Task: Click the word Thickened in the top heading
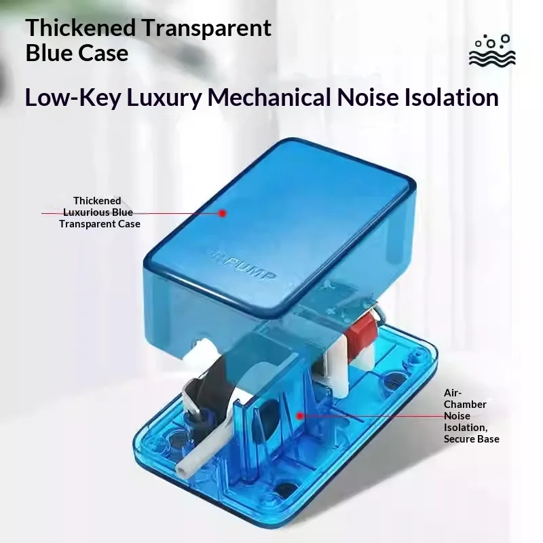(x=80, y=28)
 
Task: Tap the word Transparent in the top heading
(x=207, y=29)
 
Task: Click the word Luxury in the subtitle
(x=164, y=98)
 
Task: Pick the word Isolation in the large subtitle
(x=451, y=97)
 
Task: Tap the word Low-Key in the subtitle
(x=73, y=98)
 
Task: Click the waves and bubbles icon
(x=492, y=50)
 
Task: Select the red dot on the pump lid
(x=223, y=213)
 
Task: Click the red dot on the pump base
(x=300, y=415)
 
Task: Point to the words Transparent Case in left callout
(x=100, y=224)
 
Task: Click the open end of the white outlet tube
(x=181, y=470)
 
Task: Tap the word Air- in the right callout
(x=453, y=393)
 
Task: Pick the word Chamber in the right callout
(x=465, y=405)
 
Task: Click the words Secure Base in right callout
(x=472, y=439)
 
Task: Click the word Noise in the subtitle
(x=368, y=97)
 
